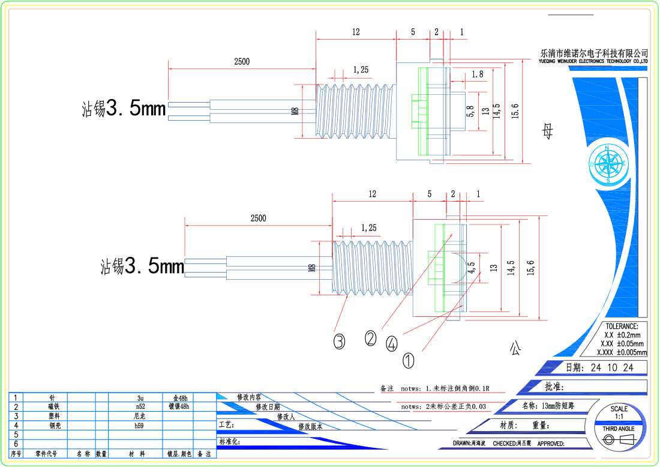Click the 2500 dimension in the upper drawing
242,61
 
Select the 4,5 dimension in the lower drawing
471,267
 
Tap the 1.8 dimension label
477,74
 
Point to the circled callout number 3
340,342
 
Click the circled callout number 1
408,361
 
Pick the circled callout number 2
371,339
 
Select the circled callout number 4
391,343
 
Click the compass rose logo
608,163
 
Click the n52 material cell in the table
140,407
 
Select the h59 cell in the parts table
140,425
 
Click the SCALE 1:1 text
619,412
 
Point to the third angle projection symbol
618,441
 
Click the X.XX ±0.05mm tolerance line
622,344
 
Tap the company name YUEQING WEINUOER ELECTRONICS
593,61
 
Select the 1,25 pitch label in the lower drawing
368,227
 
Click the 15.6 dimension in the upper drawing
515,111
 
